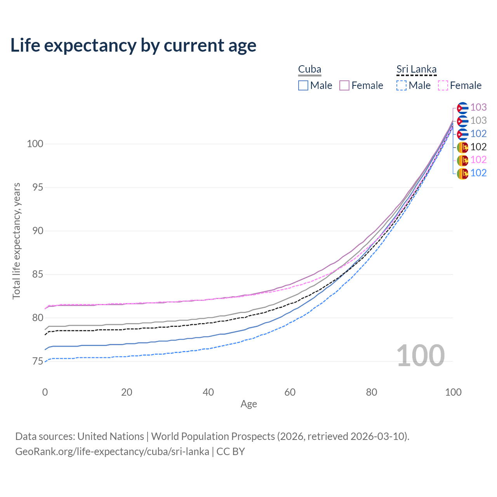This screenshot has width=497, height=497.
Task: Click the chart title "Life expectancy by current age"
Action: click(x=133, y=45)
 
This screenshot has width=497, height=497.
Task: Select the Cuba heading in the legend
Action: click(x=309, y=70)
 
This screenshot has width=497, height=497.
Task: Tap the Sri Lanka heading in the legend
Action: click(x=416, y=70)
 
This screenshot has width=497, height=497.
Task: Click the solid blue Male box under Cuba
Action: click(x=303, y=85)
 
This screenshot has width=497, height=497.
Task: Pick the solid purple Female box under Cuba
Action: click(x=344, y=85)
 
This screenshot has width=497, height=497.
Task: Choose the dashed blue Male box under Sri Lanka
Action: click(x=401, y=85)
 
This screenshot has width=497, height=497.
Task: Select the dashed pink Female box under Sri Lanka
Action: click(x=443, y=85)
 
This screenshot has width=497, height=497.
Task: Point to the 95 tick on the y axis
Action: click(x=35, y=188)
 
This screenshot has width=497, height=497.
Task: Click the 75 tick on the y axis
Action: click(x=35, y=361)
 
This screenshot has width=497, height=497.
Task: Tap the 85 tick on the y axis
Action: click(x=35, y=275)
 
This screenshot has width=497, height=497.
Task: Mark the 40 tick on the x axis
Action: click(x=209, y=392)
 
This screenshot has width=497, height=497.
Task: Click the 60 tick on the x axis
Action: click(x=290, y=392)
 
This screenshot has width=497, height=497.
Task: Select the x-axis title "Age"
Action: click(x=249, y=404)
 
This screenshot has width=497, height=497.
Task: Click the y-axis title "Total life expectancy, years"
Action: click(x=16, y=241)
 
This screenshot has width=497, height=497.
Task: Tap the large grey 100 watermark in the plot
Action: click(x=421, y=356)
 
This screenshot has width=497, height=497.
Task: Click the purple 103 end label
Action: click(x=478, y=108)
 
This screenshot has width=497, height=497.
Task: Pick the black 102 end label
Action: click(x=478, y=147)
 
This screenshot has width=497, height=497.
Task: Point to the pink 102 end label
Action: click(x=478, y=160)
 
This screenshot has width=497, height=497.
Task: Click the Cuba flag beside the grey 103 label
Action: click(x=462, y=121)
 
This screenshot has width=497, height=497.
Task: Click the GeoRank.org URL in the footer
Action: click(x=112, y=452)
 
